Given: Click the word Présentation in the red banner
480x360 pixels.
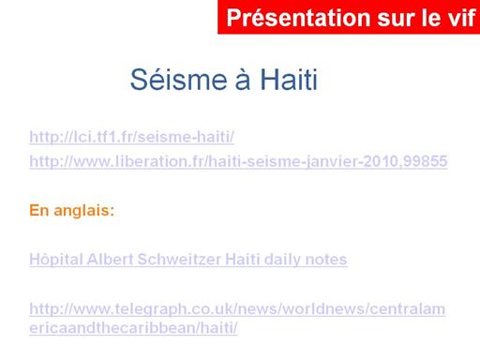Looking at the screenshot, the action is pos(299,18).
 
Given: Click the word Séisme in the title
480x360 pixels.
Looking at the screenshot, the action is pos(178,80).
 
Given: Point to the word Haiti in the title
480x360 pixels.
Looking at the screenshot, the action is pos(289,80).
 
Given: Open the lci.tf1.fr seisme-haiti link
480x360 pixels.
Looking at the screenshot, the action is pos(131,137).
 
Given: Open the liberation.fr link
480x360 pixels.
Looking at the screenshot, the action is pos(238,161).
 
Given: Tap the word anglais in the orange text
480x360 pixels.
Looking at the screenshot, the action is pos(84,210).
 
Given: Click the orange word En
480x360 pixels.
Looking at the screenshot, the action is pos(39,210).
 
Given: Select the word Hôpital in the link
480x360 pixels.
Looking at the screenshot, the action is pos(56,260).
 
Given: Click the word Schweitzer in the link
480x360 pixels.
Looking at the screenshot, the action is pos(179,260).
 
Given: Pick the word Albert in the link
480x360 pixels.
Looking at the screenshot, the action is pos(110,260).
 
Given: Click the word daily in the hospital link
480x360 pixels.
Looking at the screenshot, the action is pos(282,260).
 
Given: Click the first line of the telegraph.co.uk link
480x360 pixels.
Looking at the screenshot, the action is pos(237,309).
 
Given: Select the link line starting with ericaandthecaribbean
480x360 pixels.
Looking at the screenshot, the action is pos(133,328).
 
